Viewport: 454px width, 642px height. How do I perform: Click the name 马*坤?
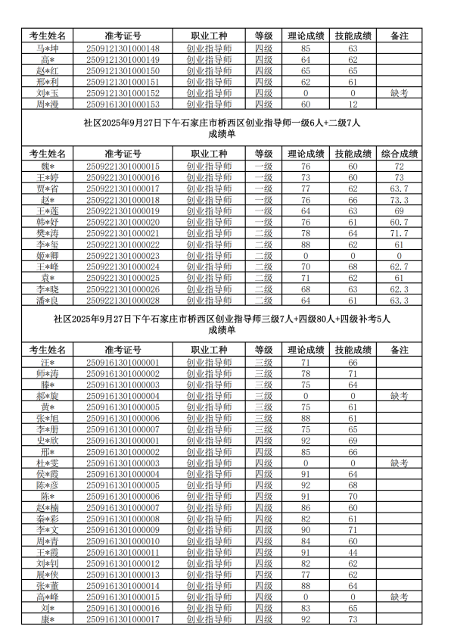[48, 49]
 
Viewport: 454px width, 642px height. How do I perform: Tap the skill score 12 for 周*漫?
[353, 104]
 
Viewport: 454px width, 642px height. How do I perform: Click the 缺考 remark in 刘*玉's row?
[399, 93]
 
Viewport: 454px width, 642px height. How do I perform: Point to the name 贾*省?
[48, 189]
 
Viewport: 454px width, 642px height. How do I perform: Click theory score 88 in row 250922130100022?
[306, 245]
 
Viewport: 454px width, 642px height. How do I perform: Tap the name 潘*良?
[48, 301]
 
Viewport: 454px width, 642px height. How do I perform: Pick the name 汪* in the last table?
[48, 363]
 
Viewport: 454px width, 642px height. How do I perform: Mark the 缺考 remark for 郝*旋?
[399, 396]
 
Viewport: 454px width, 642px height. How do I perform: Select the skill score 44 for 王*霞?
[353, 553]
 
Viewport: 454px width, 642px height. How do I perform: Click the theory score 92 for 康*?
[306, 619]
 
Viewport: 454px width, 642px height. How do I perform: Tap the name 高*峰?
[48, 597]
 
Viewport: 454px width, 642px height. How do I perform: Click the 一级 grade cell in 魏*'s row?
[263, 166]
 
